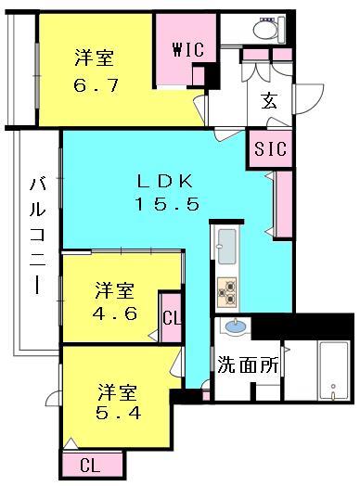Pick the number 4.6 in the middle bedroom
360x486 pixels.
point(115,313)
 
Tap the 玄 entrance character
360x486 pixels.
point(268,101)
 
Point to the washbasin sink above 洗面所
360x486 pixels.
point(235,327)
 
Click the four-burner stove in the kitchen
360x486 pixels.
point(227,291)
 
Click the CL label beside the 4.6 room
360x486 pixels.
point(172,318)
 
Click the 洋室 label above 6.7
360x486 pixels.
point(94,58)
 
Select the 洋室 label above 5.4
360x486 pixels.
point(115,388)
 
